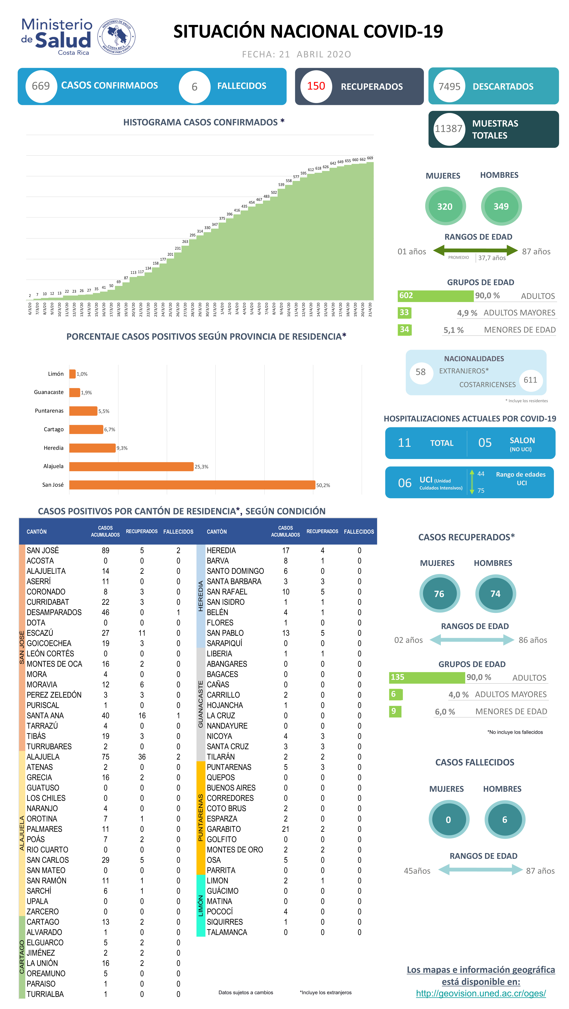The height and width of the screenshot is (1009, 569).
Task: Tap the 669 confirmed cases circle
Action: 41,86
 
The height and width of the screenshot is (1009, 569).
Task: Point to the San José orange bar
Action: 192,485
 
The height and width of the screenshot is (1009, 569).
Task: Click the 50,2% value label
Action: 323,485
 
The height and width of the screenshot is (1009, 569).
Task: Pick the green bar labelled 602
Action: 435,296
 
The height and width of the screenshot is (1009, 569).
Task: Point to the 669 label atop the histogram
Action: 370,158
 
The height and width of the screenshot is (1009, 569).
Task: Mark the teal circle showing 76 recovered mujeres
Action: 439,594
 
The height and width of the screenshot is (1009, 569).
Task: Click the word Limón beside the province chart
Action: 56,374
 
